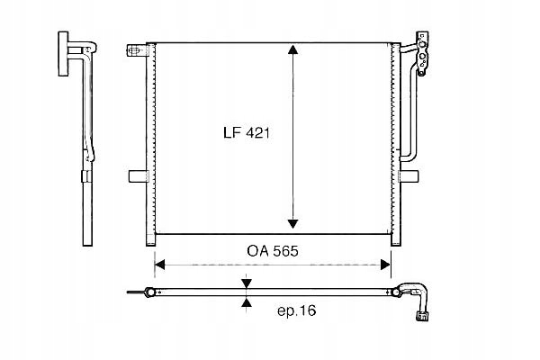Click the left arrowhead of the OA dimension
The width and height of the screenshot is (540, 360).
click(160, 265)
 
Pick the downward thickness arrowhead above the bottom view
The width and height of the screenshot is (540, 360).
click(247, 283)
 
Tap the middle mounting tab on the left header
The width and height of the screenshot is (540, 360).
click(137, 175)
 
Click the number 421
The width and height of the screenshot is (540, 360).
click(258, 132)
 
